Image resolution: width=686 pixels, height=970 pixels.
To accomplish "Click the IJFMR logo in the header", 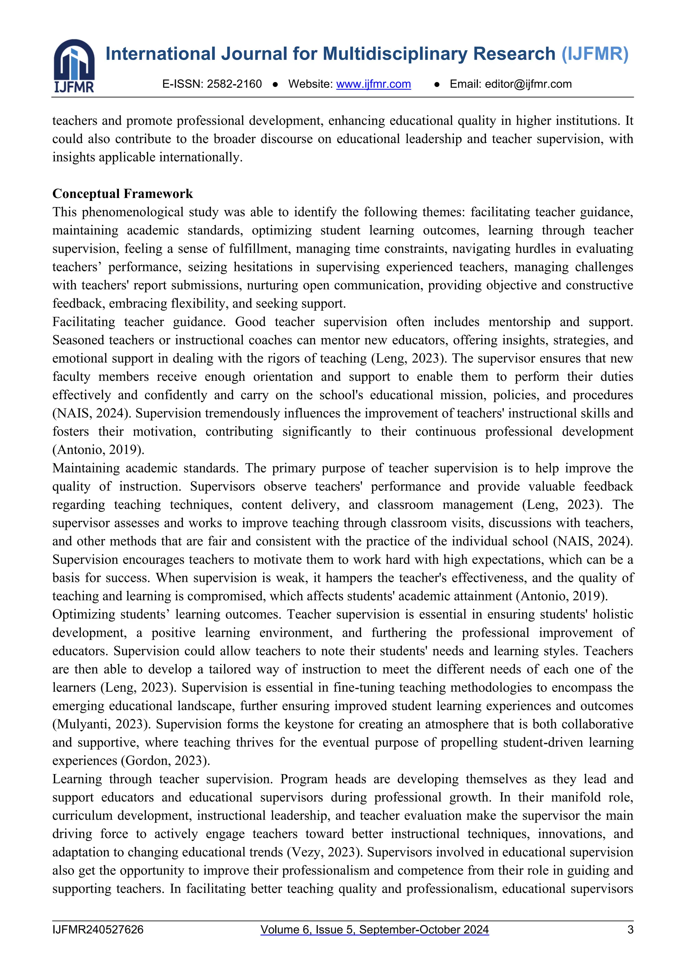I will coord(74,66).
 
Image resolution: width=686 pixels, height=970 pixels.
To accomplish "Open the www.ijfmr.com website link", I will coord(373,84).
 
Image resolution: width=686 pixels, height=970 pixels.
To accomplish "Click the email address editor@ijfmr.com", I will coord(528,84).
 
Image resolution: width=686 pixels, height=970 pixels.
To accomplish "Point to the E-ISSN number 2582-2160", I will coord(234,84).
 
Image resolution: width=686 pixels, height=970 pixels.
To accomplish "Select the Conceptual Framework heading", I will coord(123,194).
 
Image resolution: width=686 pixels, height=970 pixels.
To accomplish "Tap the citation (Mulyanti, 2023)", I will coord(101,724).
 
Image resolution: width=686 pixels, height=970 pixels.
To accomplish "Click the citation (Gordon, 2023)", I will coord(165,760).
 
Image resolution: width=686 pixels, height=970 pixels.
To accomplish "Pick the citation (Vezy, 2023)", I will coord(325,852).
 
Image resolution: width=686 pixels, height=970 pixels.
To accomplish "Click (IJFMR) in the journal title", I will coord(595,54).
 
